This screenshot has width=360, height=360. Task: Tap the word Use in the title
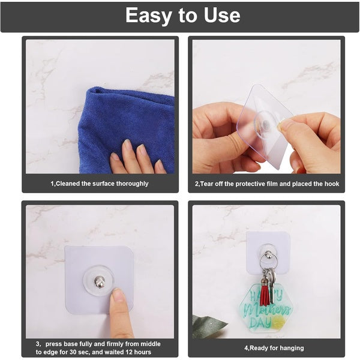click(x=219, y=16)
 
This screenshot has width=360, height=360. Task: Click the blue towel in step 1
click(x=120, y=120)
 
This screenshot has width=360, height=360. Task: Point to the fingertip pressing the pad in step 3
click(x=118, y=295)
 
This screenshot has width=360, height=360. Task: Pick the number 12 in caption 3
click(x=131, y=352)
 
